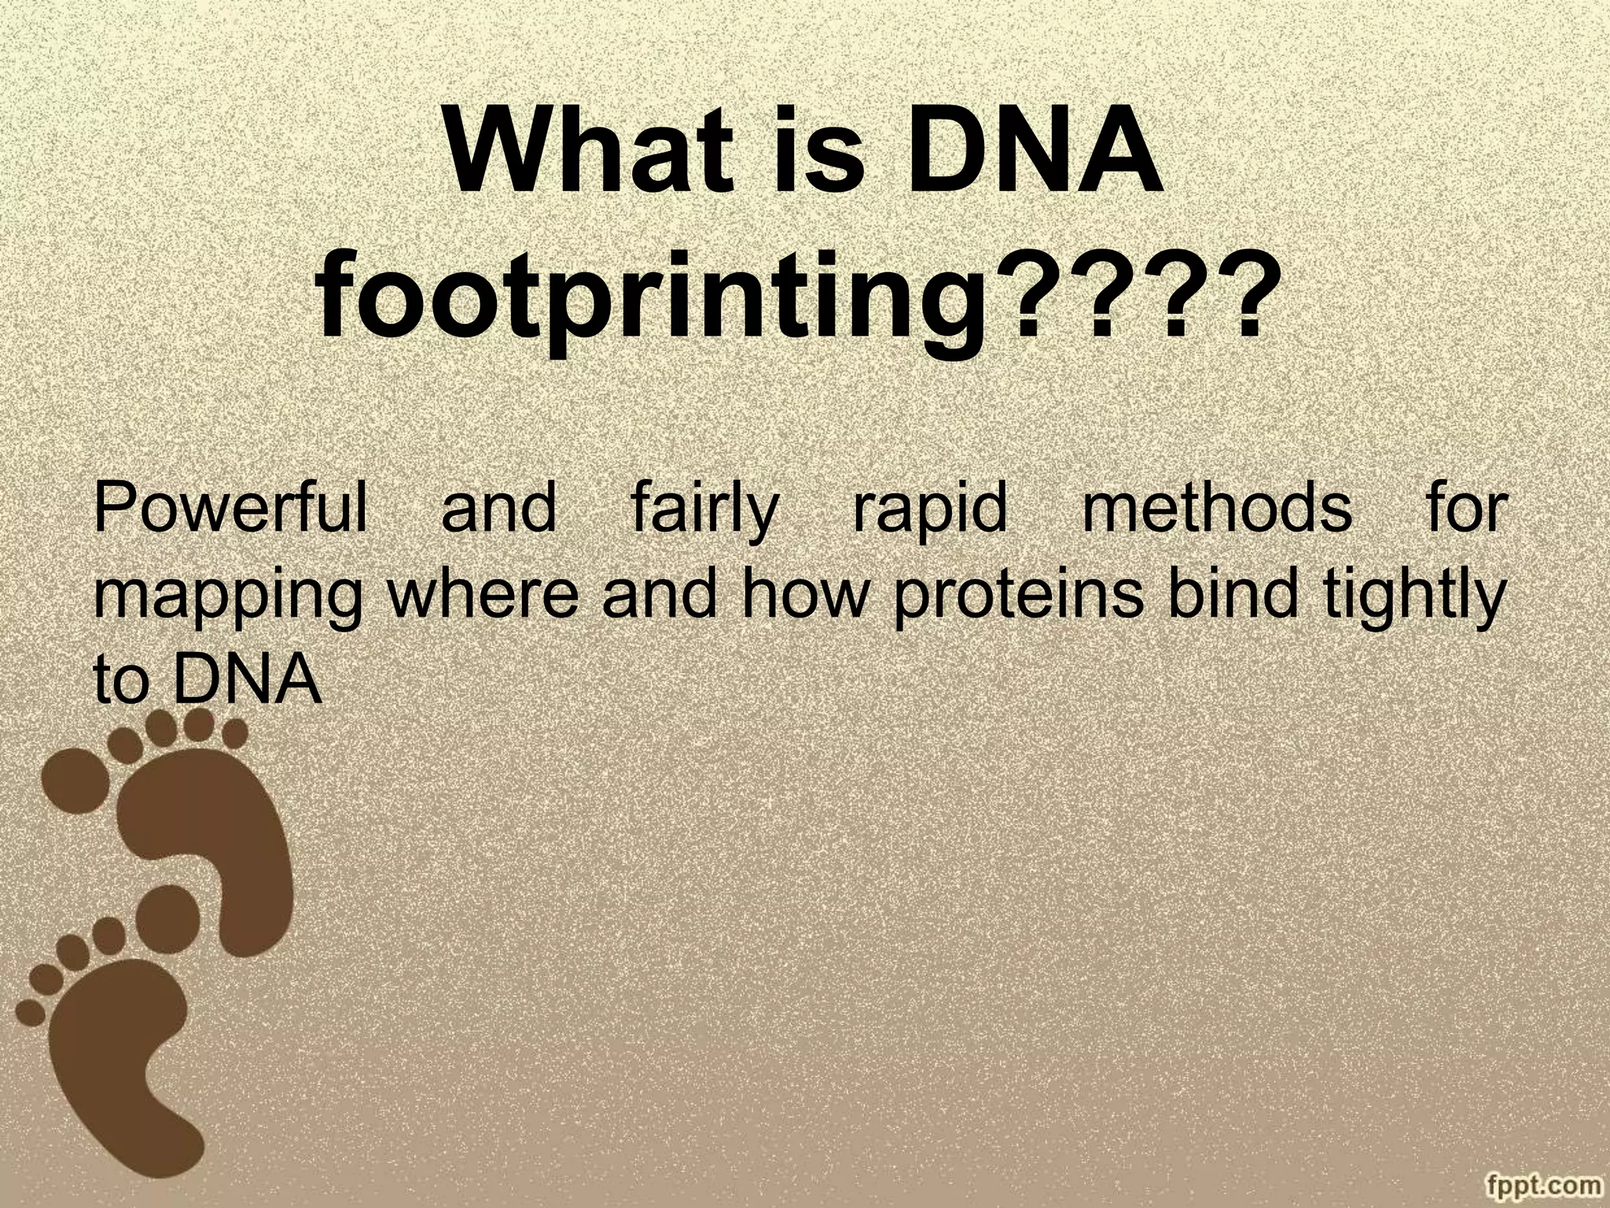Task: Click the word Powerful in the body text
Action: click(230, 509)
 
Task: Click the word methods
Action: click(1217, 507)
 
